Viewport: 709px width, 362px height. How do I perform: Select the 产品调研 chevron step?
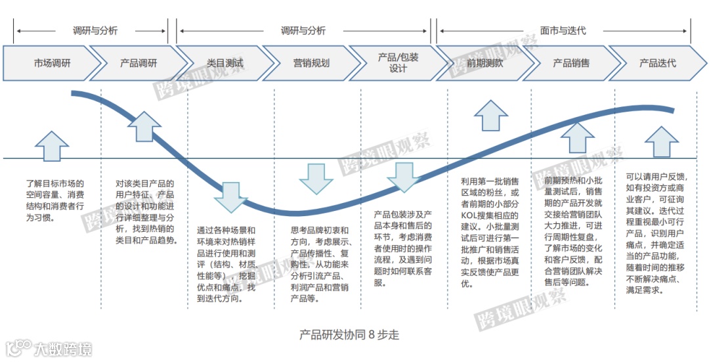(x=139, y=63)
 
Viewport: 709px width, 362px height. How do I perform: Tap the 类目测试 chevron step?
(x=225, y=63)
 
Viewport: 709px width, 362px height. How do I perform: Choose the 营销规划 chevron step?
(x=311, y=63)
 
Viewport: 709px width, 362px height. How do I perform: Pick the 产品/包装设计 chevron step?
(x=398, y=63)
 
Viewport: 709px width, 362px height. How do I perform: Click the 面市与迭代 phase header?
(x=563, y=31)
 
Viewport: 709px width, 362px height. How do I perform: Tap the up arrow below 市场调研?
(x=52, y=145)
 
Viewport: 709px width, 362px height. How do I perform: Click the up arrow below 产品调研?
(x=144, y=127)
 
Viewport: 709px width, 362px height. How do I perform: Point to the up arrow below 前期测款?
(x=490, y=116)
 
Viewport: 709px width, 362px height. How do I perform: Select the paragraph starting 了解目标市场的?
(x=55, y=200)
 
